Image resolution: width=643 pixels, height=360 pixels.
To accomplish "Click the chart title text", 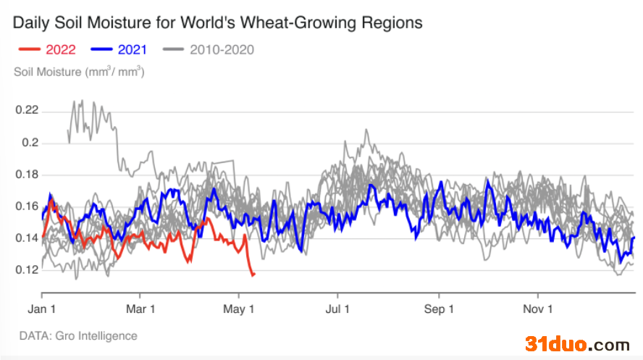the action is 217,23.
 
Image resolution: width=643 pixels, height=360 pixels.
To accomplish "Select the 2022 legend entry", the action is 47,49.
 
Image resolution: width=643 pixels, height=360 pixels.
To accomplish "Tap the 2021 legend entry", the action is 119,49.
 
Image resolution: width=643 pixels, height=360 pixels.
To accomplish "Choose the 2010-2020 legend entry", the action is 209,49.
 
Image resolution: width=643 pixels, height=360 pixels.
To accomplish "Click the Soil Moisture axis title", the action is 79,72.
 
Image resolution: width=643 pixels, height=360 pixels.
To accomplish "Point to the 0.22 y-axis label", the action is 27,110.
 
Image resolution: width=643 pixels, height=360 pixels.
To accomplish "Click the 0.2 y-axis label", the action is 30,142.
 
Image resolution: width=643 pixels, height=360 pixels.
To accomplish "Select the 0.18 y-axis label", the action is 27,175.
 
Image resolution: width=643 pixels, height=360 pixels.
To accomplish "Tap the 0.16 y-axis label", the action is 27,206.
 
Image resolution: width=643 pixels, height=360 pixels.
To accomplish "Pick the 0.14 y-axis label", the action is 27,238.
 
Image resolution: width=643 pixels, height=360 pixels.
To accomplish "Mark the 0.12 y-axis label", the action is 27,269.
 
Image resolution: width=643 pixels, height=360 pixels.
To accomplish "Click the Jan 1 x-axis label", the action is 41,309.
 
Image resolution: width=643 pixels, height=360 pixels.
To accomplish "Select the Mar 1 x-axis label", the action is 140,309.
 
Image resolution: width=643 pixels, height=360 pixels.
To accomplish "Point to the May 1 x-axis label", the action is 238,309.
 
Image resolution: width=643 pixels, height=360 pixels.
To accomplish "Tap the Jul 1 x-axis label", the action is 337,309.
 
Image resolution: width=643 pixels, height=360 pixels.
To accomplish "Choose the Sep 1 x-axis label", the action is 439,309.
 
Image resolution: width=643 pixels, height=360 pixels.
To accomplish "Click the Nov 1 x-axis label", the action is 537,309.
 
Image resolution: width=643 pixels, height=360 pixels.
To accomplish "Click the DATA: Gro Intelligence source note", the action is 78,336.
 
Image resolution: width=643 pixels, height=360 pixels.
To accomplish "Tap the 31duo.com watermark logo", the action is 577,343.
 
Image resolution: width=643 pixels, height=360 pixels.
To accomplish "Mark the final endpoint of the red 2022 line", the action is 255,274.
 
